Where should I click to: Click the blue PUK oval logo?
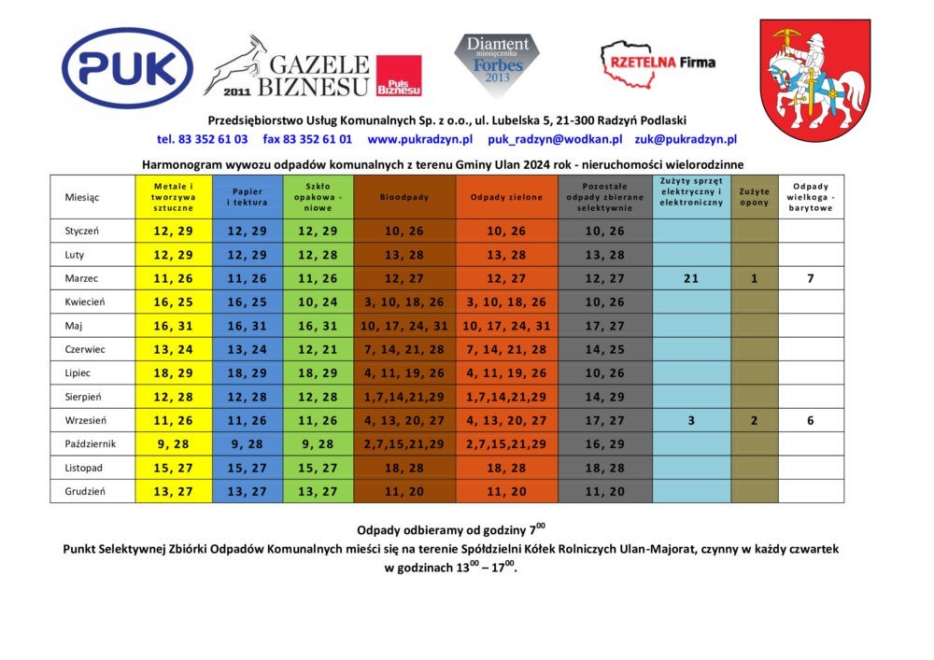(x=127, y=67)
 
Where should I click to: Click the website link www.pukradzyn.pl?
(x=419, y=139)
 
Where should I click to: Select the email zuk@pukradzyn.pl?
(x=686, y=139)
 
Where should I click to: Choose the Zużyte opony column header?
(x=754, y=197)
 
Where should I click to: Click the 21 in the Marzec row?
(x=690, y=278)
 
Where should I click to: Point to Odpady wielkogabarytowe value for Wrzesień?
(x=810, y=420)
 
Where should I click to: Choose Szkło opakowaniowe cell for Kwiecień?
(x=318, y=302)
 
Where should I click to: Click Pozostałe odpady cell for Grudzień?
(x=603, y=491)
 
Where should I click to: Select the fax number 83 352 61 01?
(x=307, y=139)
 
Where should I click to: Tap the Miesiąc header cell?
(x=82, y=197)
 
